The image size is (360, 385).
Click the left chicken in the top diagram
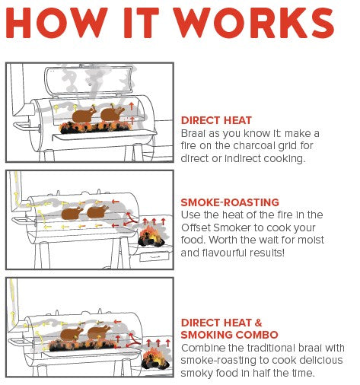[84, 116]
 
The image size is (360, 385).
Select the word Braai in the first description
[193, 133]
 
